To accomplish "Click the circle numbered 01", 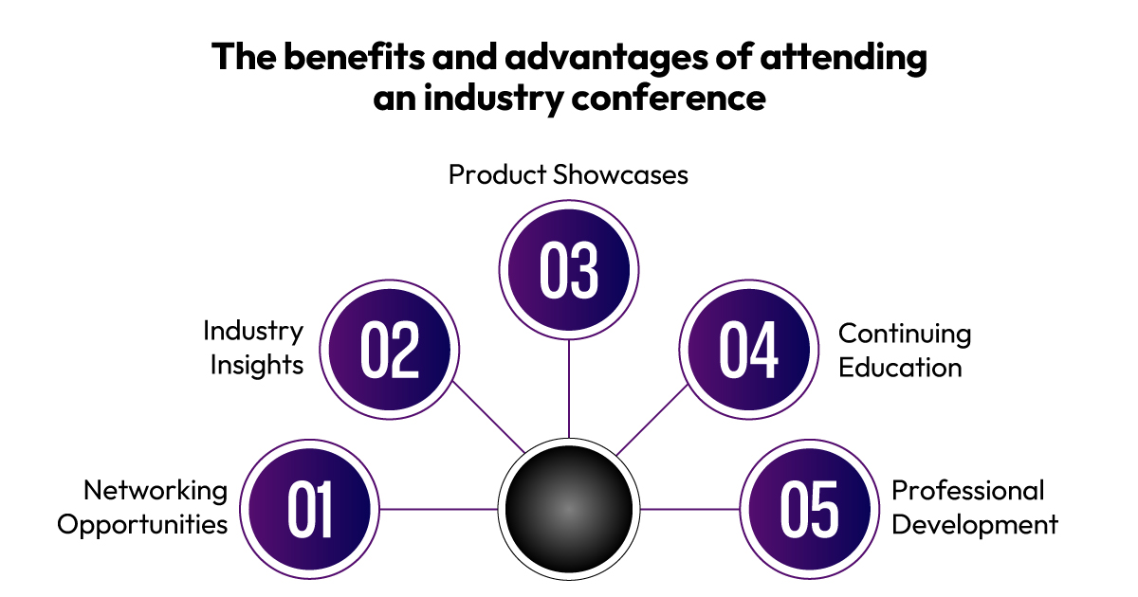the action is click(309, 509).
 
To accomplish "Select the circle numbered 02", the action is click(390, 350).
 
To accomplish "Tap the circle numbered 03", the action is click(569, 269).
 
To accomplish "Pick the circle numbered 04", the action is click(749, 350).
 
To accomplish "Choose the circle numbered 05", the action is click(809, 509).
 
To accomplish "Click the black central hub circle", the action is click(569, 509).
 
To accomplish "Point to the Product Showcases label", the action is click(568, 174).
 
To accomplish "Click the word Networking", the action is click(156, 492).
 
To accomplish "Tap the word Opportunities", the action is click(142, 525).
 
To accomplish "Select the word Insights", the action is click(257, 366).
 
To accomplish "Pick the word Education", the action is click(900, 368).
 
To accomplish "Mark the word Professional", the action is click(968, 491).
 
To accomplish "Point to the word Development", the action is click(975, 525).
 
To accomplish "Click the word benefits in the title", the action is click(354, 56).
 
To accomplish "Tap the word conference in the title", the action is click(669, 98).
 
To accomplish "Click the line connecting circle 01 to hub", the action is click(439, 509).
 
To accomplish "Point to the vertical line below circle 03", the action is click(569, 389).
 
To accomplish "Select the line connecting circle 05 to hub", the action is click(689, 509).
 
